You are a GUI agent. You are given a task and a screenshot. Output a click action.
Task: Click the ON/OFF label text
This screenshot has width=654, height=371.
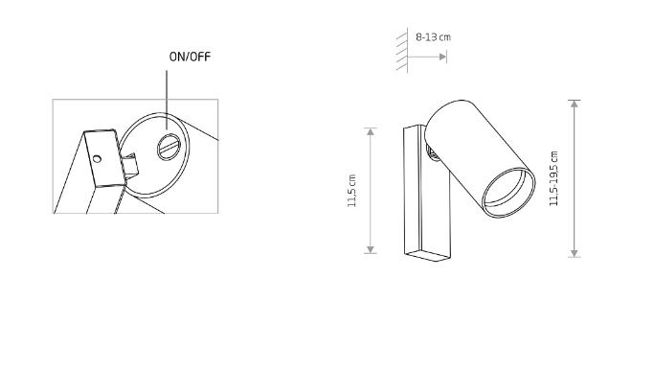(190, 57)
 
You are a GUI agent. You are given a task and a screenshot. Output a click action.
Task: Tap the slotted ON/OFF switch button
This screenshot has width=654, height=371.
(169, 147)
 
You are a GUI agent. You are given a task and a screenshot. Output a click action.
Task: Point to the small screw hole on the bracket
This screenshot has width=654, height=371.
(97, 159)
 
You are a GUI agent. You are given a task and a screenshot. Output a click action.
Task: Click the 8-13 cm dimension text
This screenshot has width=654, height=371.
(433, 37)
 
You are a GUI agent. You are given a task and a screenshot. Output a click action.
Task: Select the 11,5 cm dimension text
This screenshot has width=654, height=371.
(352, 191)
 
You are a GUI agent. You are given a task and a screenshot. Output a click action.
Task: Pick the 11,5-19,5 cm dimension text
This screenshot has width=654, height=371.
(553, 179)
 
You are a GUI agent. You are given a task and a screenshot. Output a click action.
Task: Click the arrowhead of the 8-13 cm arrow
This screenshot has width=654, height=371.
(443, 57)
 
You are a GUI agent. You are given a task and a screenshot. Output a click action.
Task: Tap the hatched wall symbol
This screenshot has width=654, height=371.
(402, 50)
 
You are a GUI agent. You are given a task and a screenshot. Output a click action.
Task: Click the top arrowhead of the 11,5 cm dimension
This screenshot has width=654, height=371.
(371, 132)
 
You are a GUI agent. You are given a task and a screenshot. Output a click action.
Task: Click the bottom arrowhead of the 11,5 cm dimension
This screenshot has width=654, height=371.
(371, 249)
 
